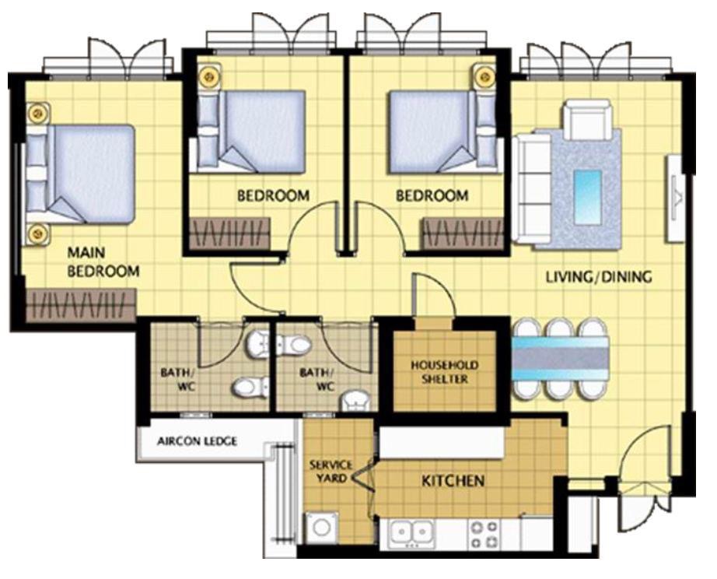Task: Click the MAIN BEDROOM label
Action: tap(103, 261)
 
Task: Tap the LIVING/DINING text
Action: tap(599, 276)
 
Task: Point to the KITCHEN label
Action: tap(453, 481)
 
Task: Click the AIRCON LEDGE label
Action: tap(197, 441)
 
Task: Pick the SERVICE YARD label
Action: tap(331, 472)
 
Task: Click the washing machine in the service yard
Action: tap(322, 528)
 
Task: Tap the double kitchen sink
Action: tap(412, 533)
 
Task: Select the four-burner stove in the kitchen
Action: tap(484, 534)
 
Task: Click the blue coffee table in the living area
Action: tap(587, 197)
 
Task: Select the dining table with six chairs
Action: tap(561, 359)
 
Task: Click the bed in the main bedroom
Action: tap(80, 174)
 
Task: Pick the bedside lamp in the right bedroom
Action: tap(485, 75)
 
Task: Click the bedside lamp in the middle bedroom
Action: tap(209, 75)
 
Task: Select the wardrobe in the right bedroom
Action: tap(462, 234)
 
